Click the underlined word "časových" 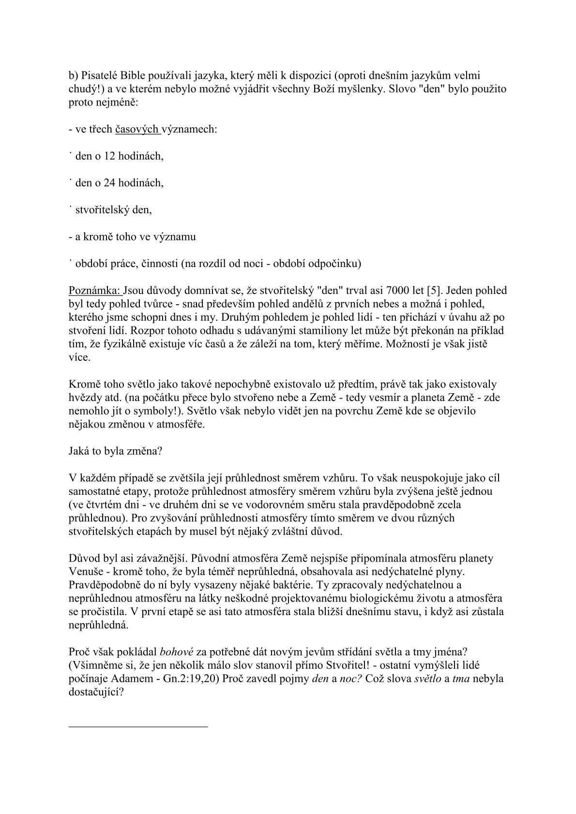(137, 129)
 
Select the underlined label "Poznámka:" (96, 291)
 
